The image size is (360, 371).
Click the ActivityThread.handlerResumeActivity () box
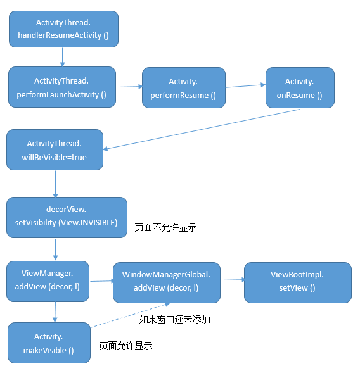(63, 29)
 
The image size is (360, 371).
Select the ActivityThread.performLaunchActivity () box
(62, 87)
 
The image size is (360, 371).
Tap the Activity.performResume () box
(184, 88)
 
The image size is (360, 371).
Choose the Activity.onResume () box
(300, 88)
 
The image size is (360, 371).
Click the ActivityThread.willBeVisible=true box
(55, 150)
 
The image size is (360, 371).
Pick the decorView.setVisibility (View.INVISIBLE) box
(67, 217)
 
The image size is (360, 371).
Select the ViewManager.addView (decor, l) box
(48, 281)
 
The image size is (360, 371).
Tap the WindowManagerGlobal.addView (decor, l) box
(167, 282)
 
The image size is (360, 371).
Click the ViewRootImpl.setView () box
(298, 282)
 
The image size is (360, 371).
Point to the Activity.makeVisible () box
(49, 343)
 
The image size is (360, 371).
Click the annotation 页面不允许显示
(165, 228)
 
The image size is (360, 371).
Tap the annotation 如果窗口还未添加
(174, 320)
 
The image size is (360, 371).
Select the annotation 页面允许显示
(125, 346)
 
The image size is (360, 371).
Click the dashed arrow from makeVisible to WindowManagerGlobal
(130, 315)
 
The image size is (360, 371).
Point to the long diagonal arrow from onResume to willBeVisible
(202, 129)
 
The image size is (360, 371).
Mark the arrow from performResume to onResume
(245, 86)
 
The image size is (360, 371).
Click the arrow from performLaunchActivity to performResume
(129, 87)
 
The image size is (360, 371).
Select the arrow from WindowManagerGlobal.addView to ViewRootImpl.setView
(233, 280)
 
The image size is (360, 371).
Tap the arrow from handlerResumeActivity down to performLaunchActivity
(62, 57)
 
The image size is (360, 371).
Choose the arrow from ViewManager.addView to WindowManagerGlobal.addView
(102, 281)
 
